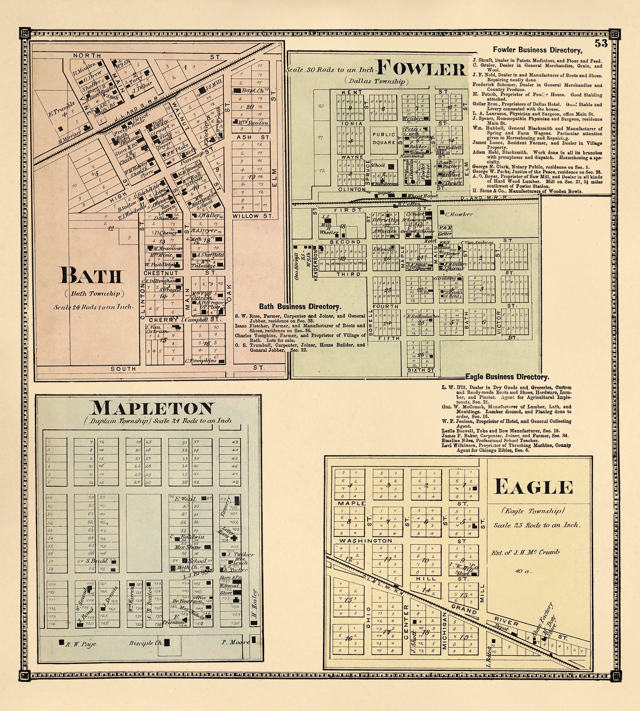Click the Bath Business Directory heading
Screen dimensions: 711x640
(x=300, y=306)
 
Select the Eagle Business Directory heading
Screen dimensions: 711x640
(x=507, y=377)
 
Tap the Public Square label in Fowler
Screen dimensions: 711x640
(x=384, y=139)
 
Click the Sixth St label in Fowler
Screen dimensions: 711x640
(x=421, y=370)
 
